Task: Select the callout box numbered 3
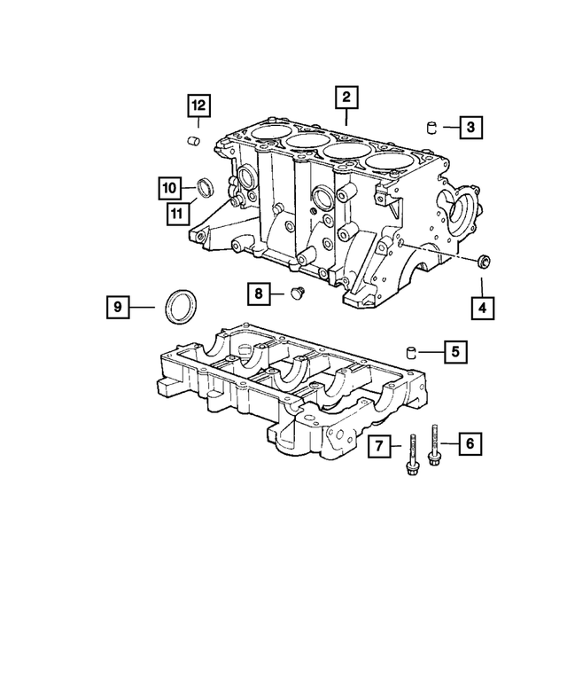coord(470,128)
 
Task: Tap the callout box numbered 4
coord(482,309)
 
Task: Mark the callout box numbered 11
coord(179,211)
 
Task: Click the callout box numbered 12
coord(198,106)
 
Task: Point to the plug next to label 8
coord(297,293)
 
